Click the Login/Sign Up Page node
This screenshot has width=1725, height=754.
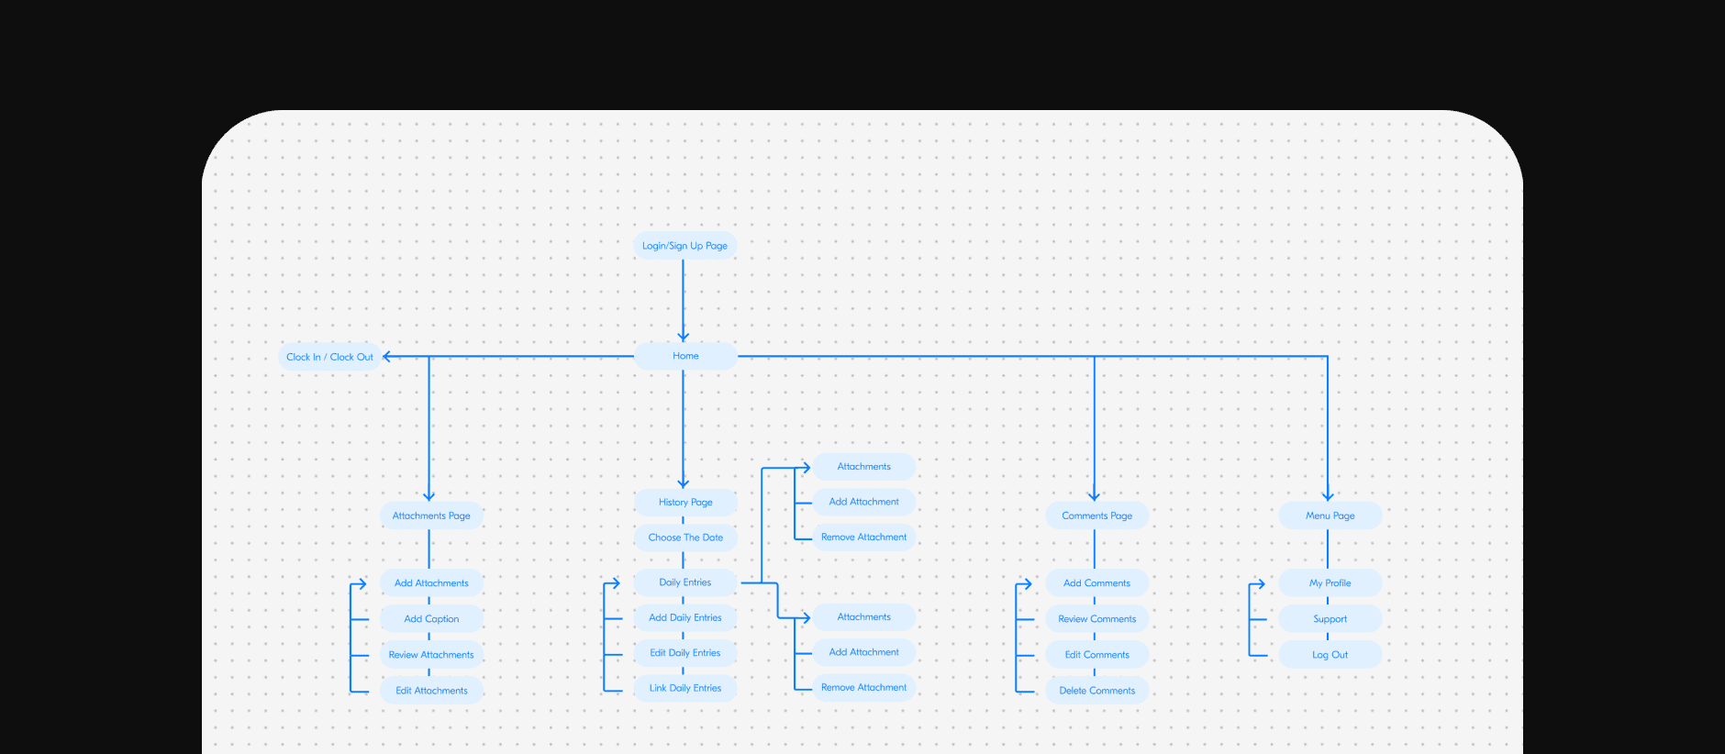[684, 246]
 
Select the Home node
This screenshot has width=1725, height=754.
[685, 356]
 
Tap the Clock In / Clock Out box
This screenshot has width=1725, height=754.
[329, 357]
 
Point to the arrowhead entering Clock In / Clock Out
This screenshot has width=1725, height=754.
[387, 357]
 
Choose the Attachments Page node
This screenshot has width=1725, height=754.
[431, 516]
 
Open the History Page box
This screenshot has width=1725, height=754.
[685, 502]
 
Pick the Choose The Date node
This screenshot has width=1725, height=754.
[685, 538]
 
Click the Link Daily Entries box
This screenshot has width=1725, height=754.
[685, 688]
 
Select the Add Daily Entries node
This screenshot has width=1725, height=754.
[685, 617]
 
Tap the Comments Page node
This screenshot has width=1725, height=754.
[1096, 516]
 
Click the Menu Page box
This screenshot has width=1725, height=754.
[1330, 516]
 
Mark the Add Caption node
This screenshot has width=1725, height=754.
[431, 619]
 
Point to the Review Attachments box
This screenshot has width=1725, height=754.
[431, 655]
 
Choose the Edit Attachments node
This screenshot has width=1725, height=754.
[431, 691]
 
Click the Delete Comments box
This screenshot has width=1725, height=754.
[1096, 691]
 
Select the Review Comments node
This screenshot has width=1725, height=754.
[1096, 619]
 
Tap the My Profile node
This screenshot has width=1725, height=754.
[1330, 583]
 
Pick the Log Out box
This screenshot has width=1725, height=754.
[1330, 655]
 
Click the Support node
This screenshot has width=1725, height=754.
[1330, 619]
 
